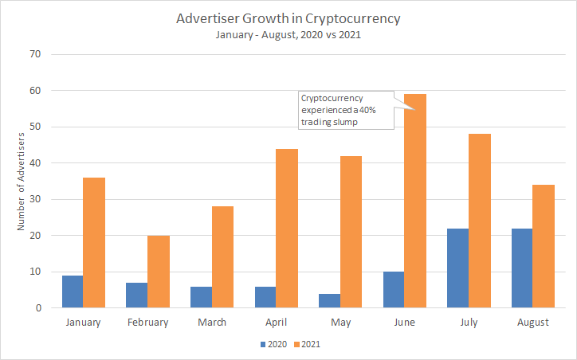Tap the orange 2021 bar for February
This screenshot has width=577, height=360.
pyautogui.click(x=159, y=272)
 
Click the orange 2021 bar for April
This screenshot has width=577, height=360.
pyautogui.click(x=287, y=228)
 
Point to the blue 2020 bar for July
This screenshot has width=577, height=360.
pyautogui.click(x=457, y=268)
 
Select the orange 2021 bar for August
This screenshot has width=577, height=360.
pyautogui.click(x=544, y=246)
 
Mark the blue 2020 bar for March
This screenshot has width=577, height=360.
pyautogui.click(x=201, y=297)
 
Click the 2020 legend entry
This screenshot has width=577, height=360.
pyautogui.click(x=272, y=345)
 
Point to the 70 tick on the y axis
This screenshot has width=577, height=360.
pyautogui.click(x=35, y=54)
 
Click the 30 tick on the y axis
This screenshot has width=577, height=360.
pyautogui.click(x=35, y=199)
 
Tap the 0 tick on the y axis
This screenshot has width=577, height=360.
pyautogui.click(x=37, y=307)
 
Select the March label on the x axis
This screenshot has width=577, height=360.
pyautogui.click(x=211, y=323)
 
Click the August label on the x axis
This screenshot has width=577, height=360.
pyautogui.click(x=532, y=323)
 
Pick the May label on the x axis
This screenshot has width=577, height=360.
pyautogui.click(x=340, y=323)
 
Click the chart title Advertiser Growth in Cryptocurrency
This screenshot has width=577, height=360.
pyautogui.click(x=288, y=18)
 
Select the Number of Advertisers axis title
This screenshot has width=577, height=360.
pyautogui.click(x=22, y=182)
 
